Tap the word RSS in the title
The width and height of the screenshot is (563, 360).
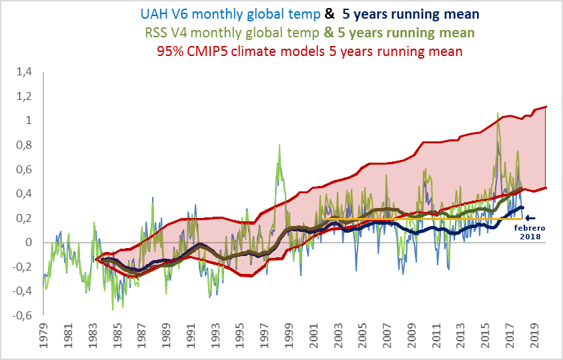pyautogui.click(x=156, y=32)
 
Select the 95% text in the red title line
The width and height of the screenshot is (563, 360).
pyautogui.click(x=169, y=51)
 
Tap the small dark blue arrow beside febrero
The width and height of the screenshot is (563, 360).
pyautogui.click(x=531, y=217)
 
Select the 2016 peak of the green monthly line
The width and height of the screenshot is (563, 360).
pyautogui.click(x=498, y=113)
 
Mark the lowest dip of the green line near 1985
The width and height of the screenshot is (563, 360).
pyautogui.click(x=113, y=310)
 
